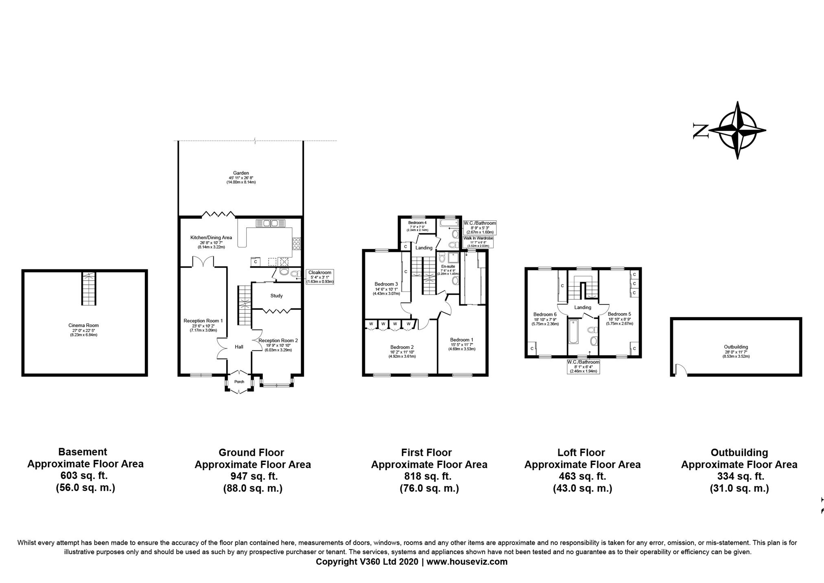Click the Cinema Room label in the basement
click(83, 326)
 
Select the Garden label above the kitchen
click(241, 173)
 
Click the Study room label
click(276, 296)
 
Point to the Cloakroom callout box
click(320, 277)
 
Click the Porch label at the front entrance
click(239, 382)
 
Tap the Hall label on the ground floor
click(239, 347)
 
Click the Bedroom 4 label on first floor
click(417, 223)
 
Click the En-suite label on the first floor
click(448, 266)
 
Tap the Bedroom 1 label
click(461, 340)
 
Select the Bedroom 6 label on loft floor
click(545, 315)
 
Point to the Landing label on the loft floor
click(583, 308)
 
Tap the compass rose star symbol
click(737, 130)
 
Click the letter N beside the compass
click(701, 131)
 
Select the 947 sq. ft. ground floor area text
click(252, 476)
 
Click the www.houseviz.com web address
click(467, 562)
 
